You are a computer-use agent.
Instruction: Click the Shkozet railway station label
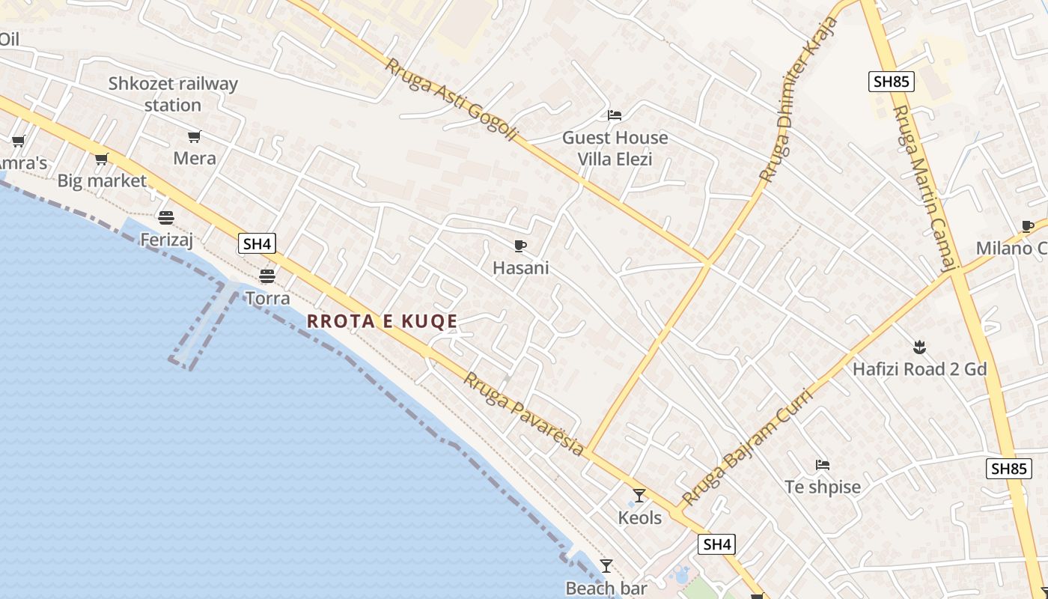(x=173, y=94)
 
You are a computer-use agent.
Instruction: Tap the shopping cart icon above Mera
(x=195, y=136)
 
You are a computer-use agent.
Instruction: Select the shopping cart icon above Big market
(x=102, y=159)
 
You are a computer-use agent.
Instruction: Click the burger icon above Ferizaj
(x=166, y=217)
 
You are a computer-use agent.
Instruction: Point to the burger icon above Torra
(x=267, y=276)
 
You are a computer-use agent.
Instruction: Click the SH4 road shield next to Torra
(x=257, y=243)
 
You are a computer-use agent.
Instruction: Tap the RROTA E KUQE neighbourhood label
(x=383, y=321)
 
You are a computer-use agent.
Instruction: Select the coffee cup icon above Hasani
(x=520, y=246)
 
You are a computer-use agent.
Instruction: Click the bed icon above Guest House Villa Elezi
(x=615, y=115)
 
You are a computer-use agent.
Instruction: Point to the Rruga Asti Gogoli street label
(x=451, y=100)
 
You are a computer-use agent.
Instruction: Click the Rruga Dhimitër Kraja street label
(x=799, y=99)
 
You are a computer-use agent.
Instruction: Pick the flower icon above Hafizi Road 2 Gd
(x=919, y=347)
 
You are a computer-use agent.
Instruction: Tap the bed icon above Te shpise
(x=823, y=465)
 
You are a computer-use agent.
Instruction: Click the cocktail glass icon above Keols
(x=639, y=495)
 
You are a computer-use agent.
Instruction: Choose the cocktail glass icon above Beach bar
(x=606, y=566)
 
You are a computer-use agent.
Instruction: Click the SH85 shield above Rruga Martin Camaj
(x=892, y=82)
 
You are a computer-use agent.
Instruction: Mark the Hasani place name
(x=521, y=268)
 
